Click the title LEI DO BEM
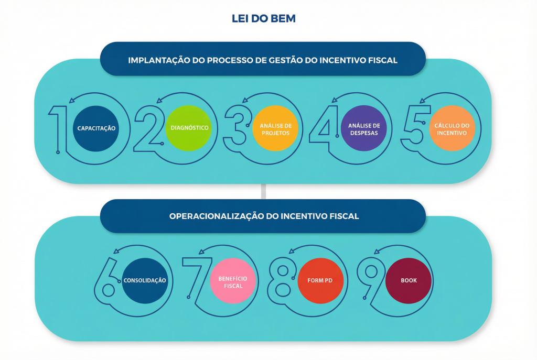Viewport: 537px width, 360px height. pos(264,19)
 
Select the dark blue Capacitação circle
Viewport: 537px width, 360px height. pos(96,128)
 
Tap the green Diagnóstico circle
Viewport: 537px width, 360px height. pos(189,128)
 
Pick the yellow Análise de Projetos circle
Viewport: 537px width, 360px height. pos(275,128)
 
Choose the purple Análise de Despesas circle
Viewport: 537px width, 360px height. pos(363,128)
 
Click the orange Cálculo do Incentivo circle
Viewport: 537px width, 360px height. pos(452,128)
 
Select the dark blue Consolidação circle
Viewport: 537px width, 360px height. pos(144,280)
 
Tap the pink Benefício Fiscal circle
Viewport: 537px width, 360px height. pos(233,280)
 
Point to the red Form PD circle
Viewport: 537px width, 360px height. pos(319,280)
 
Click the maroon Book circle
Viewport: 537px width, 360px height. pos(409,280)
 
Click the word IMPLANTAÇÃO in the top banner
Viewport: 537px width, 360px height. pos(153,60)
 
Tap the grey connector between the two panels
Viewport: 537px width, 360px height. pos(263,192)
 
